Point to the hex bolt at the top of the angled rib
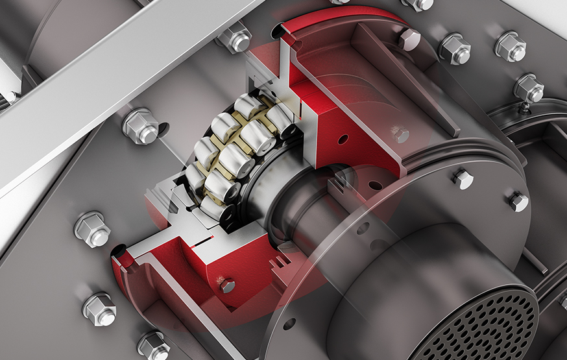[x=409, y=39]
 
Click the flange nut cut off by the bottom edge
[x=153, y=346]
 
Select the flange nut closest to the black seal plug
[x=92, y=228]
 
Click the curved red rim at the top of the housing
[x=337, y=19]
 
